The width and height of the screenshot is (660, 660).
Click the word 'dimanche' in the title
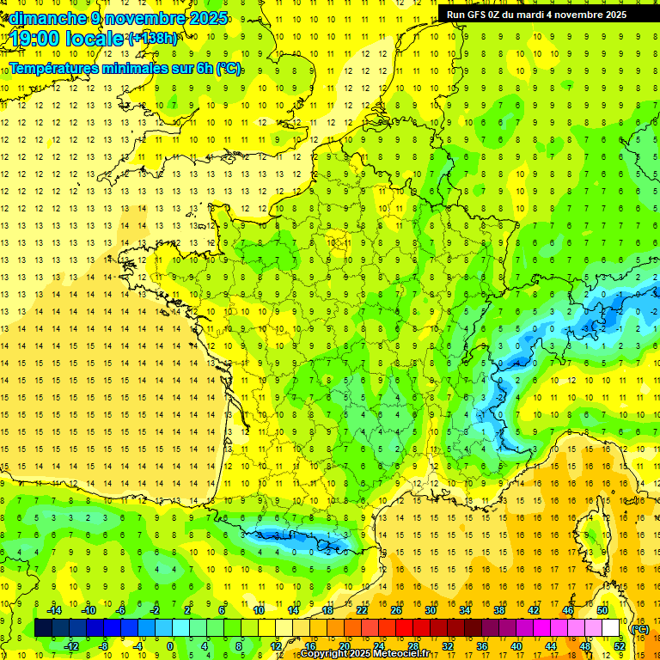point(48,18)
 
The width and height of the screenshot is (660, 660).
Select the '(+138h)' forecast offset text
point(153,38)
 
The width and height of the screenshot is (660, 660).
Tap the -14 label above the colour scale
point(55,610)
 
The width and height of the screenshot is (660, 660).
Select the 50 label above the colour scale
point(602,610)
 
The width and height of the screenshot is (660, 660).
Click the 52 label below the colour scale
point(619,646)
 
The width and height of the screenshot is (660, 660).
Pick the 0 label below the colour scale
point(170,646)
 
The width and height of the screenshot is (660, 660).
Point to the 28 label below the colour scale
point(413,646)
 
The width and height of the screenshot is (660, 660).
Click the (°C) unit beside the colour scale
point(640,629)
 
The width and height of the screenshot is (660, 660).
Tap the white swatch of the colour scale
point(611,628)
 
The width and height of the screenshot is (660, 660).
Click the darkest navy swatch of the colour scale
point(43,628)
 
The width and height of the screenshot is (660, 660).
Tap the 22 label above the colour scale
point(362,610)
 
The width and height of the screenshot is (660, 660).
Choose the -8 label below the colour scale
point(104,646)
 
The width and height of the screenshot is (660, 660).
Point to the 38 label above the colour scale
point(499,610)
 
